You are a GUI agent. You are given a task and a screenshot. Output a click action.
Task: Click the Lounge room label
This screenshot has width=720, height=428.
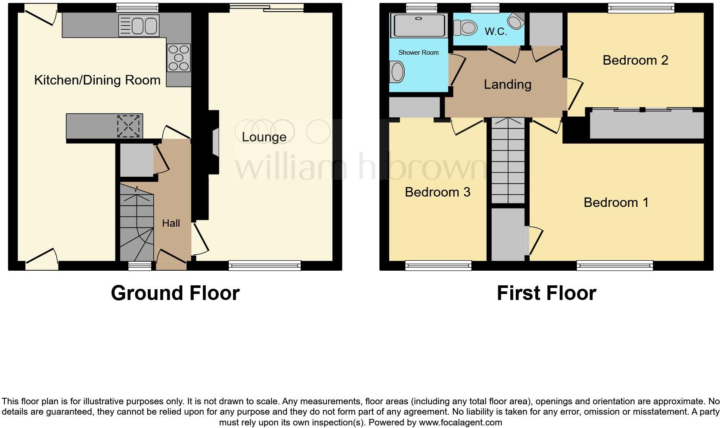(264, 137)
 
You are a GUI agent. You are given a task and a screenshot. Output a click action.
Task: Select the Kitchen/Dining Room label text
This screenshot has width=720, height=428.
(97, 80)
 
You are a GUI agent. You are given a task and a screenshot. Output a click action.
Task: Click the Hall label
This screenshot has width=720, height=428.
(171, 223)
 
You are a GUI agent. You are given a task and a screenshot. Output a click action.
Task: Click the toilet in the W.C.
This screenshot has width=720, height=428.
(465, 28)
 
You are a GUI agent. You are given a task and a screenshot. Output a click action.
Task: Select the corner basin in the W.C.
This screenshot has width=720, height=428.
(515, 20)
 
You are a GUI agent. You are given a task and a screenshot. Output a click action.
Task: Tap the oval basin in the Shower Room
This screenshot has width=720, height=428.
(397, 72)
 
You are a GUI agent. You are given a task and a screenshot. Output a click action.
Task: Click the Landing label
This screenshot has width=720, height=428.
(507, 84)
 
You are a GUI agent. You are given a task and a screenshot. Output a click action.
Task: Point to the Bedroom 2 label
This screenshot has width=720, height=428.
(635, 60)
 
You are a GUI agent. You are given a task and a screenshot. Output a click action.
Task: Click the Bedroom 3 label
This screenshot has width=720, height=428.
(438, 192)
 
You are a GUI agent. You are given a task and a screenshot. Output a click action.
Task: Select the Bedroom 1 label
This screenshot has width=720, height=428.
(616, 203)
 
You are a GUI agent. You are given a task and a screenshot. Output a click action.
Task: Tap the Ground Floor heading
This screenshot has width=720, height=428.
(175, 294)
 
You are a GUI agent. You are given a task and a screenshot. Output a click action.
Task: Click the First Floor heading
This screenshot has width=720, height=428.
(546, 294)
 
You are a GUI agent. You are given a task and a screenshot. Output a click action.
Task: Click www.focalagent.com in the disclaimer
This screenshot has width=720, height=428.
(460, 422)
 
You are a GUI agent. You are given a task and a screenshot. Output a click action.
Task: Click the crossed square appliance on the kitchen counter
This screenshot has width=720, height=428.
(129, 126)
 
